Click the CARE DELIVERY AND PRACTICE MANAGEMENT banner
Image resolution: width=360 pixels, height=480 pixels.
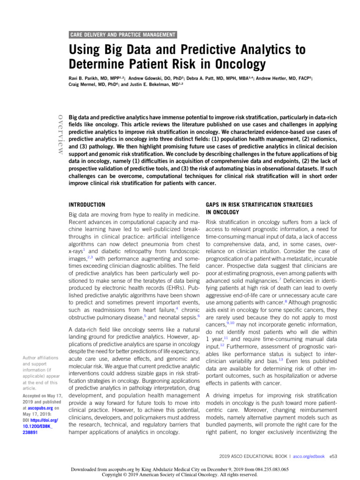(x=123, y=35)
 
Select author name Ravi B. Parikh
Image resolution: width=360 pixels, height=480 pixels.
(x=87, y=78)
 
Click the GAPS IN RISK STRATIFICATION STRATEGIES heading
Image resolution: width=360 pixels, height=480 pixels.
(x=264, y=205)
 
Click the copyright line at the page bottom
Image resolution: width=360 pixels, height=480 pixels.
(x=180, y=474)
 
